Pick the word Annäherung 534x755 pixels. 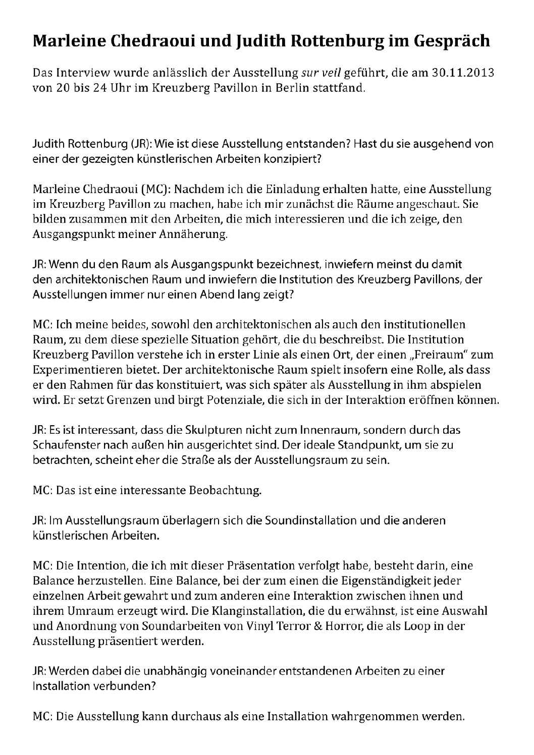coord(196,235)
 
